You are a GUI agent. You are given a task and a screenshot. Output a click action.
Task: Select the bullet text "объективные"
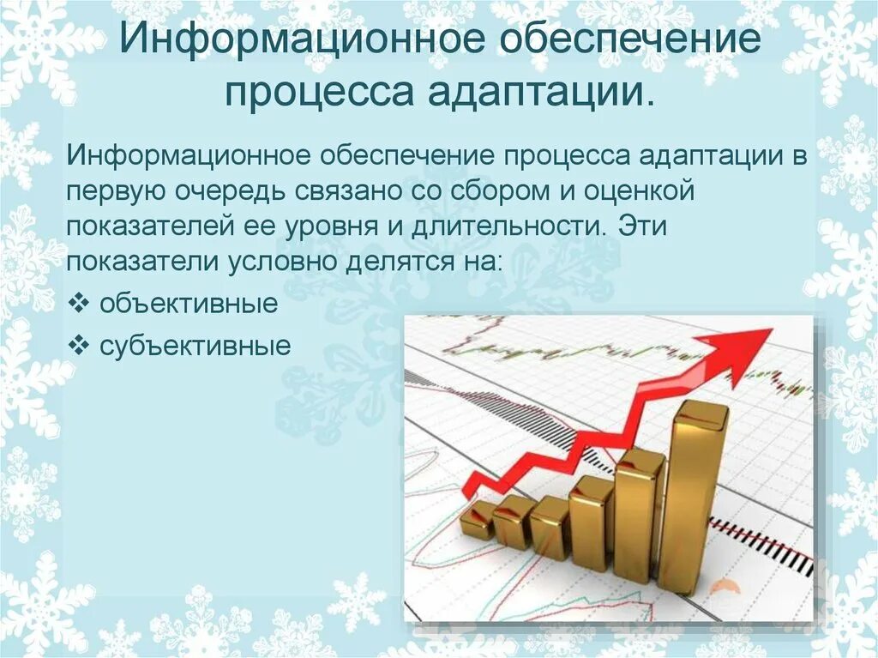pos(189,304)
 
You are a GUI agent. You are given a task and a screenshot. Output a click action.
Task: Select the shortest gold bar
pos(477,520)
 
